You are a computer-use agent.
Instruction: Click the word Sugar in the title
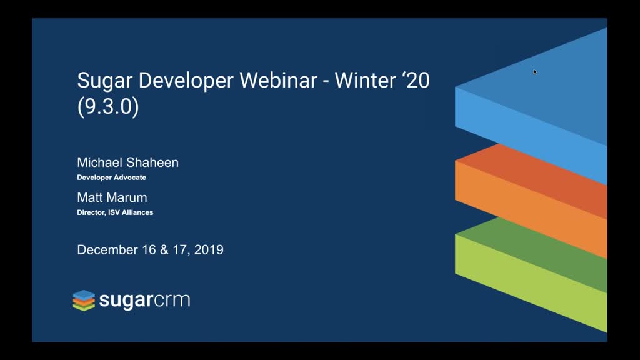click(x=105, y=81)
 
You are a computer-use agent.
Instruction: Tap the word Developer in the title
click(x=186, y=81)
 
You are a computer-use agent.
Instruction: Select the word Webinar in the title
click(x=278, y=80)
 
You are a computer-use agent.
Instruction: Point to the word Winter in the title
click(x=365, y=80)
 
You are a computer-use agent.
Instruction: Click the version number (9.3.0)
click(x=108, y=106)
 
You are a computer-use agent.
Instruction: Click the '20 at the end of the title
click(x=416, y=80)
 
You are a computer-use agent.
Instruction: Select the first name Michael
click(x=101, y=162)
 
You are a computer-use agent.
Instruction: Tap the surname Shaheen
click(x=153, y=162)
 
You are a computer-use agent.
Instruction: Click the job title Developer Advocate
click(x=111, y=177)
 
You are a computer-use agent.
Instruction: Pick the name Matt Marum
click(x=112, y=197)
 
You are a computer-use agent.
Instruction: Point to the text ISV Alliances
click(x=131, y=212)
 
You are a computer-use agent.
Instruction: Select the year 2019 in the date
click(x=209, y=250)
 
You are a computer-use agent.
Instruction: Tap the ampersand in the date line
click(x=164, y=250)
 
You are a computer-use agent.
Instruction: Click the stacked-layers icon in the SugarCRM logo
click(x=84, y=301)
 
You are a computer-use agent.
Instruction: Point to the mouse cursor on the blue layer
click(x=535, y=72)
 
